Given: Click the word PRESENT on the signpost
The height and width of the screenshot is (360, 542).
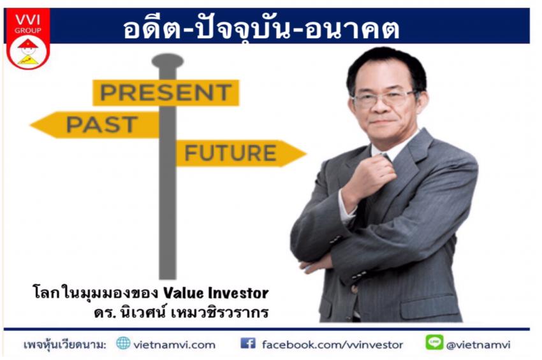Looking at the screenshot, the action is pyautogui.click(x=166, y=92).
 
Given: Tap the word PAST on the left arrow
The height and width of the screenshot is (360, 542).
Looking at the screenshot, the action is pyautogui.click(x=102, y=124).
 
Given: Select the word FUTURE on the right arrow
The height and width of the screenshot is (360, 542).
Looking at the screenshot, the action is pyautogui.click(x=230, y=153).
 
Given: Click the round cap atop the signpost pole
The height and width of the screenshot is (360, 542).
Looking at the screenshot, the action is pyautogui.click(x=168, y=61).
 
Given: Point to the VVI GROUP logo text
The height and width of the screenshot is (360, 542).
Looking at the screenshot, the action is pyautogui.click(x=27, y=24).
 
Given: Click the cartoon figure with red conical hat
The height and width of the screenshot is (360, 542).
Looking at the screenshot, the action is pyautogui.click(x=28, y=52).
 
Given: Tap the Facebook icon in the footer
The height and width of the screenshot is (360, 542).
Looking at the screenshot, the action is pyautogui.click(x=248, y=343).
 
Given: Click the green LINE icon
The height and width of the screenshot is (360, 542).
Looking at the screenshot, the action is pyautogui.click(x=434, y=342).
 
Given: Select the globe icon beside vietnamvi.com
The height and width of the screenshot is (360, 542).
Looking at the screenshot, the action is pyautogui.click(x=123, y=343).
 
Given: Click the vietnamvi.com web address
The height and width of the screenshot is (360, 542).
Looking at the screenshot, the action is pyautogui.click(x=174, y=345).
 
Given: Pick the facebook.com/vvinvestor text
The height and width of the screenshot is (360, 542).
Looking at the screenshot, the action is pyautogui.click(x=332, y=345).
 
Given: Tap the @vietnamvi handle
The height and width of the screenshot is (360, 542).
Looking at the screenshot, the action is pyautogui.click(x=478, y=345).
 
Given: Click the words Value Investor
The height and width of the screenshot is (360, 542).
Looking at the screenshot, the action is pyautogui.click(x=216, y=293).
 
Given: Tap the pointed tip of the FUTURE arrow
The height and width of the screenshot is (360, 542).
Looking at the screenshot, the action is pyautogui.click(x=306, y=154).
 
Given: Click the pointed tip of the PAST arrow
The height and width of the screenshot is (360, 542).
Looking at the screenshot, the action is pyautogui.click(x=31, y=125).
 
